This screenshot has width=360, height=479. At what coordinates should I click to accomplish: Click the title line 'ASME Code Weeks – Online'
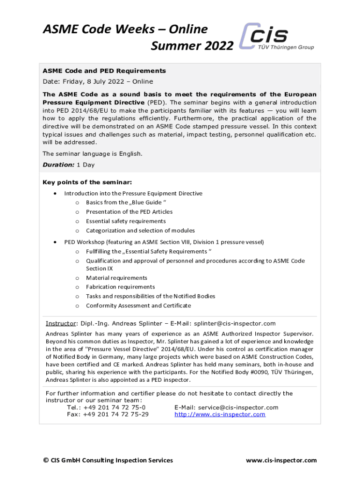(x=125, y=29)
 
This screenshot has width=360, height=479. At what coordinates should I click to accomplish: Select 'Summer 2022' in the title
(x=192, y=46)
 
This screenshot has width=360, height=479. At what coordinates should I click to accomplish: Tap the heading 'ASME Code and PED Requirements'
(x=104, y=71)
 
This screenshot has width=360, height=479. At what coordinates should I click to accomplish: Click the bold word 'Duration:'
(x=58, y=165)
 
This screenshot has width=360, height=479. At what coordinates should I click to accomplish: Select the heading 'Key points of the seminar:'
(x=87, y=182)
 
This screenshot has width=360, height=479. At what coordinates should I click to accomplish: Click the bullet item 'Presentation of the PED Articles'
(x=129, y=212)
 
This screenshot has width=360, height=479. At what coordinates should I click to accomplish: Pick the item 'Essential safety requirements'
(x=126, y=221)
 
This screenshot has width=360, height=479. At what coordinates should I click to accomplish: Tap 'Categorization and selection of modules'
(x=140, y=231)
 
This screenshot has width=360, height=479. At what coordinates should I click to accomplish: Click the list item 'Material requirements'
(x=116, y=278)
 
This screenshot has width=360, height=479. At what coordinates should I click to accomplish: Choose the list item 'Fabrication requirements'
(x=120, y=287)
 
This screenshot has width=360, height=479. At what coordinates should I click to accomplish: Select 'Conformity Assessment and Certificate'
(x=138, y=305)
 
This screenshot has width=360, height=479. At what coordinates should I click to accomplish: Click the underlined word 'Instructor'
(x=61, y=323)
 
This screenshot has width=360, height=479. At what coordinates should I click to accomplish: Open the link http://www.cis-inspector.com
(x=220, y=414)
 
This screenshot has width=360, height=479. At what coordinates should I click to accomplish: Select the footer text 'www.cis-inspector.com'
(x=281, y=460)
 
